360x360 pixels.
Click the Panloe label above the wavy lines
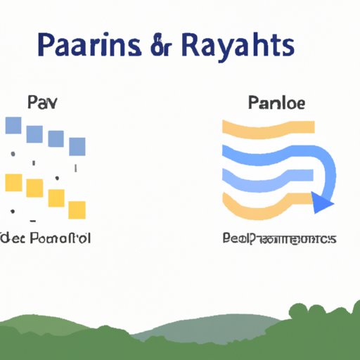(x=276, y=103)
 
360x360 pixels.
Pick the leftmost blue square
(x=13, y=126)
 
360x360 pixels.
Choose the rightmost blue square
(x=77, y=146)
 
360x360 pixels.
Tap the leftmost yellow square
(x=13, y=183)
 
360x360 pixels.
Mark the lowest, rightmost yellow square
(x=77, y=210)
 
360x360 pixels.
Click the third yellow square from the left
(x=56, y=198)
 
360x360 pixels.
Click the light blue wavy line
(x=267, y=172)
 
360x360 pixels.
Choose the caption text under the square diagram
(x=46, y=239)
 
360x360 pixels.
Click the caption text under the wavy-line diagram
(x=278, y=239)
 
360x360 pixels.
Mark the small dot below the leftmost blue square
(x=12, y=153)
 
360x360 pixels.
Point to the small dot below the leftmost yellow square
(x=12, y=209)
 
